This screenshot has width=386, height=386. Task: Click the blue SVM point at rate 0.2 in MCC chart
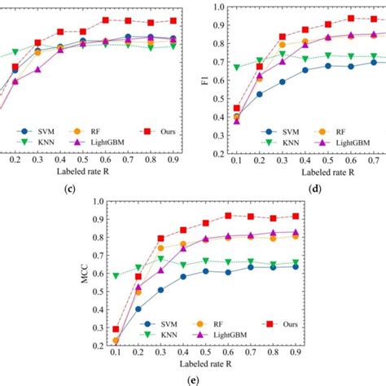tap(138, 309)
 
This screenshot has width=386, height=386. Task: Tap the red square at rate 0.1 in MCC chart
tap(116, 329)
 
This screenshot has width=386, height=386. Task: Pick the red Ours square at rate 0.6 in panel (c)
tap(107, 20)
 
